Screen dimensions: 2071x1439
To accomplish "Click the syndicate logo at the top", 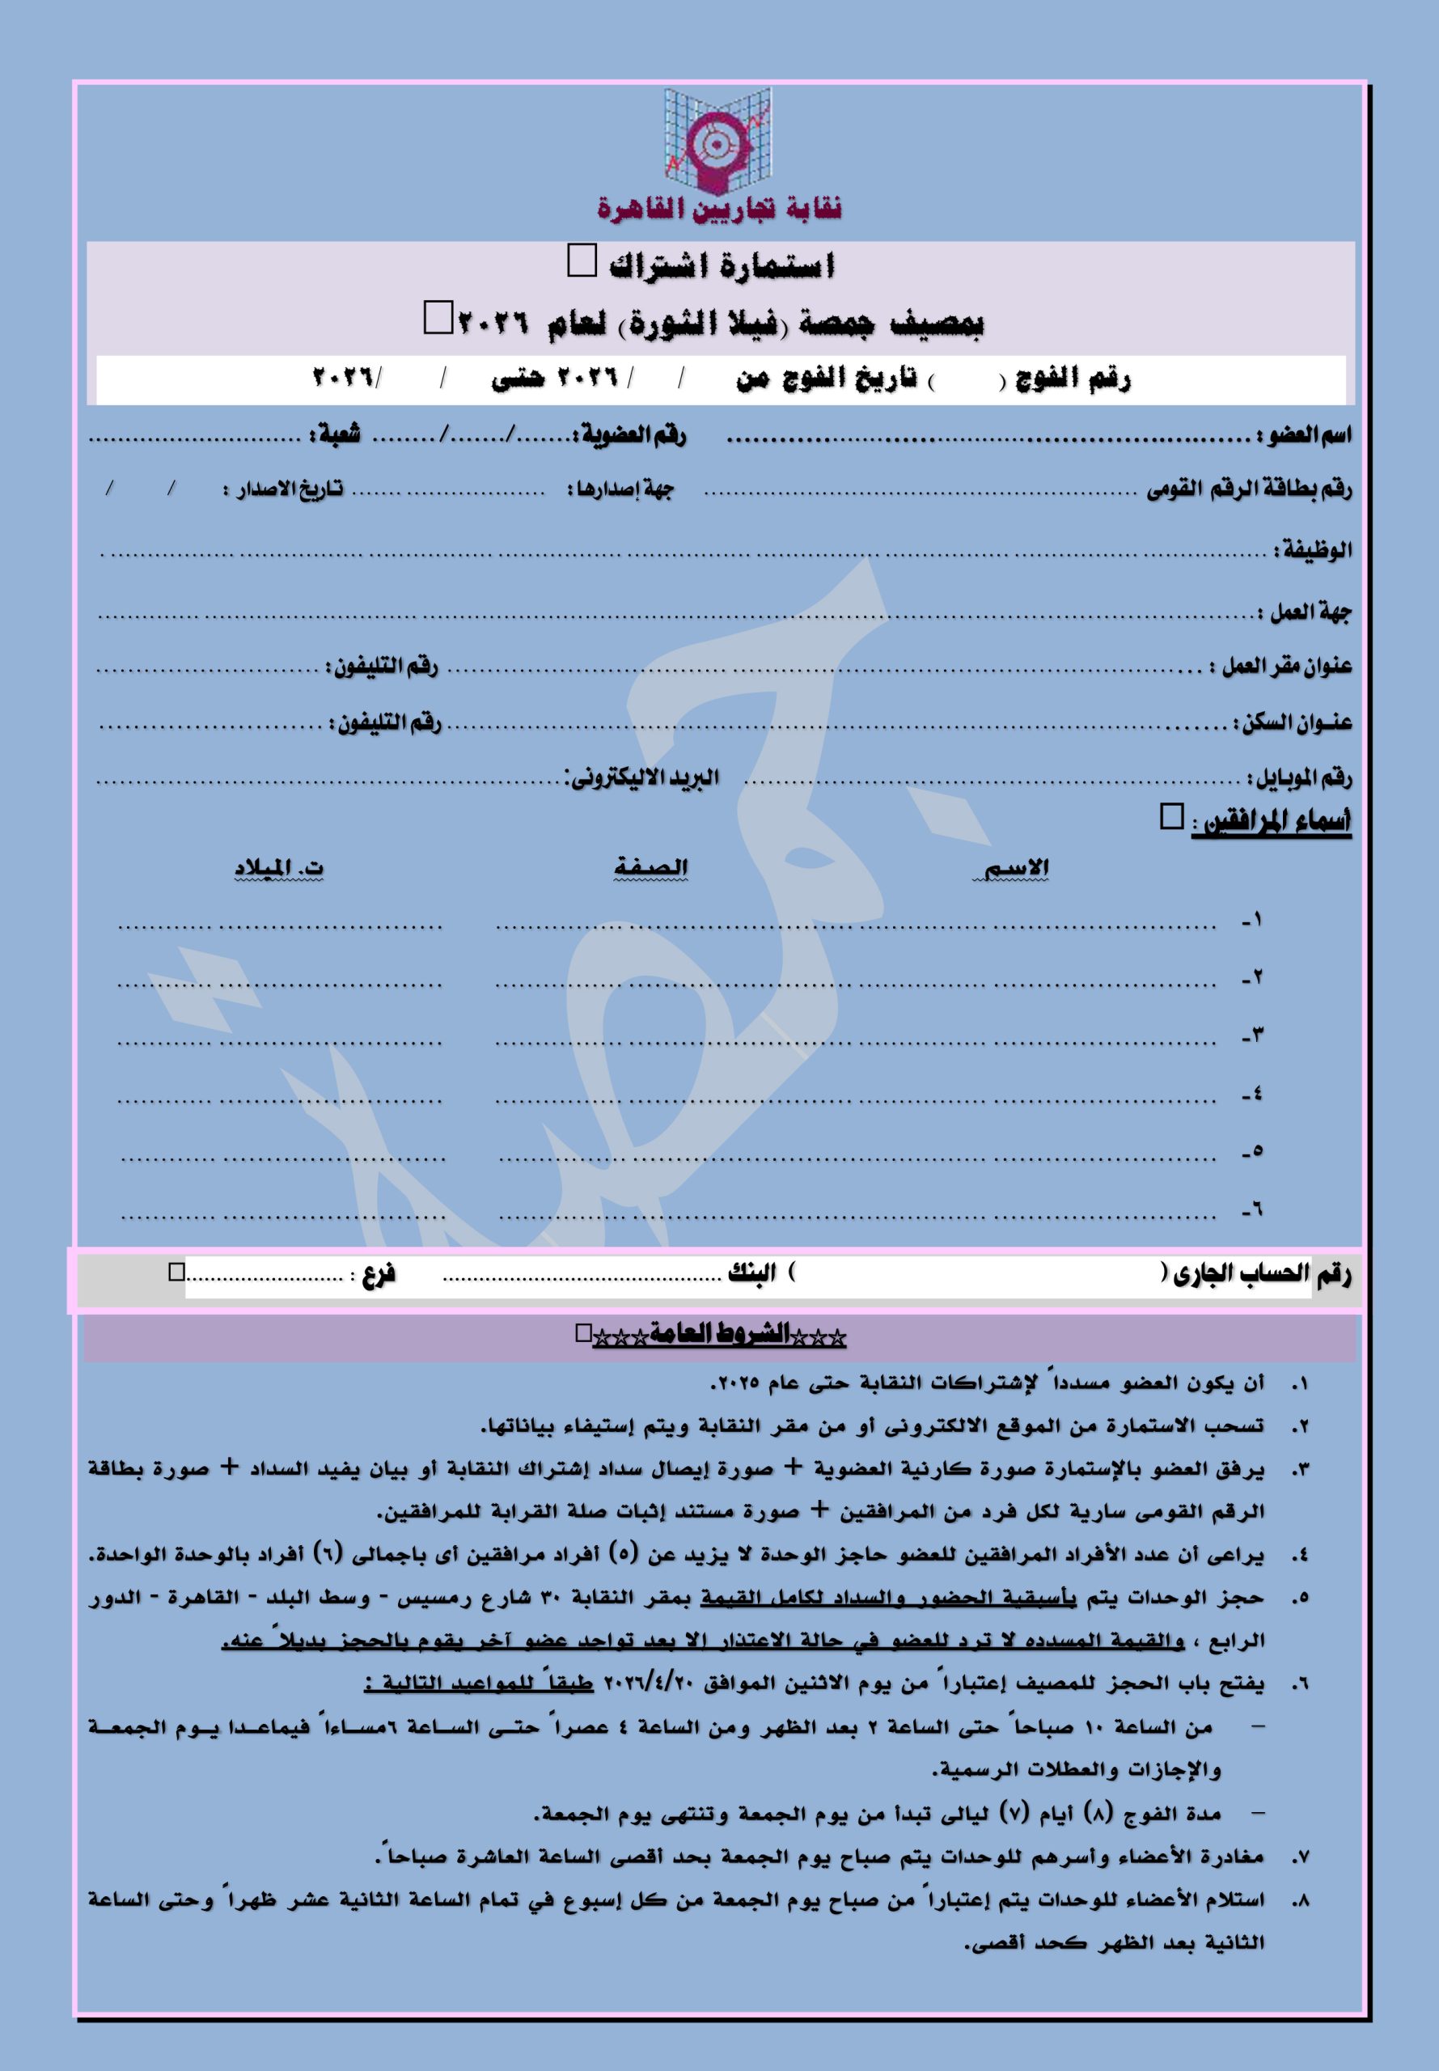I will coord(717,142).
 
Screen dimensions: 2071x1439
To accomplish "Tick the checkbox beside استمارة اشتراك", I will coord(582,261).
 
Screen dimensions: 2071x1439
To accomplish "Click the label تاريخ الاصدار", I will coord(283,489).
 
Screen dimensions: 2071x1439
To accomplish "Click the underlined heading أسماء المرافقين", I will coord(1272,822).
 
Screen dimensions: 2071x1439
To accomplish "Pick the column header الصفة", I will coord(650,867).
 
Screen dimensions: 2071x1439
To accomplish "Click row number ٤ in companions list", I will coord(1251,1095).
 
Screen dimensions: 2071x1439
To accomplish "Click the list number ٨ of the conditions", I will coord(1298,1899).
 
